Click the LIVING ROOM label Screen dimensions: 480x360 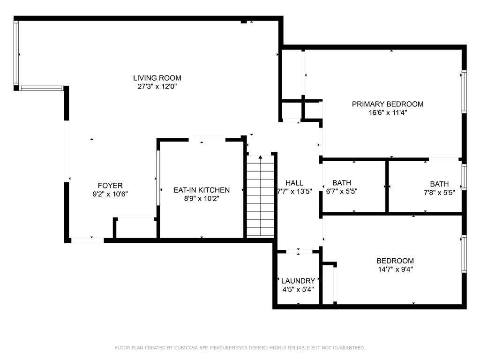(x=157, y=78)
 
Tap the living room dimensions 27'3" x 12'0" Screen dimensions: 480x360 (x=157, y=87)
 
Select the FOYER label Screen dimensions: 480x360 (x=110, y=186)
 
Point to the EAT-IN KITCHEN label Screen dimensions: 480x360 (x=202, y=190)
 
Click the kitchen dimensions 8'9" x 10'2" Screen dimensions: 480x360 (x=202, y=199)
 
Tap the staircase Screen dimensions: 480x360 (x=261, y=196)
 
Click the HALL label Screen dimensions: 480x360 (x=294, y=183)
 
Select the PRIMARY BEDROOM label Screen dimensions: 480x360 (x=388, y=104)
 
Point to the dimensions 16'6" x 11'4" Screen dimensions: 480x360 (x=388, y=112)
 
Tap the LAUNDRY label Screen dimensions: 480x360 (x=298, y=281)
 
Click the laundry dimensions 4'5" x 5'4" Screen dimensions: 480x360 (x=298, y=289)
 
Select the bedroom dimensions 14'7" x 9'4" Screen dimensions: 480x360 (x=395, y=270)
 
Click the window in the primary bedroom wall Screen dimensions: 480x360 (x=464, y=92)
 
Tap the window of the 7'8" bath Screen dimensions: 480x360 (x=464, y=177)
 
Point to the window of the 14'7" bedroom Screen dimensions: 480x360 (x=464, y=254)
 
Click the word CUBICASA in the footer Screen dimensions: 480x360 (x=186, y=348)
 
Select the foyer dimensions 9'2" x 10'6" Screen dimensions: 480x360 (x=110, y=194)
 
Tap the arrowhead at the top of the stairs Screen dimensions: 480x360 (x=261, y=157)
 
